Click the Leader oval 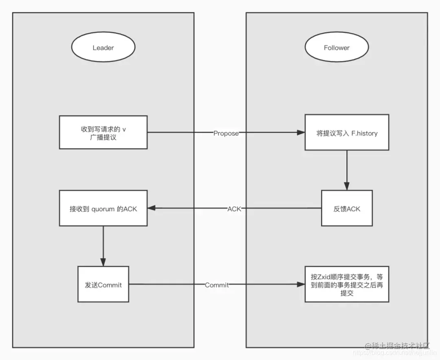(103, 48)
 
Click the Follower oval (337, 48)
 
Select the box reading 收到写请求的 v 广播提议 (103, 133)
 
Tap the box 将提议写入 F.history (347, 133)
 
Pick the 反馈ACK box (347, 208)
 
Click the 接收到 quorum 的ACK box (103, 208)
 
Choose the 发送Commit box (103, 285)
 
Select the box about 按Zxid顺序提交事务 (347, 285)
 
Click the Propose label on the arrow (226, 133)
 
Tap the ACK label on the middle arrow (234, 209)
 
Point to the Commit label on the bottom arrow (217, 285)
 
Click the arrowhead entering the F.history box (301, 133)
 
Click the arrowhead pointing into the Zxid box (301, 285)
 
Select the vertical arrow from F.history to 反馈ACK (347, 170)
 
